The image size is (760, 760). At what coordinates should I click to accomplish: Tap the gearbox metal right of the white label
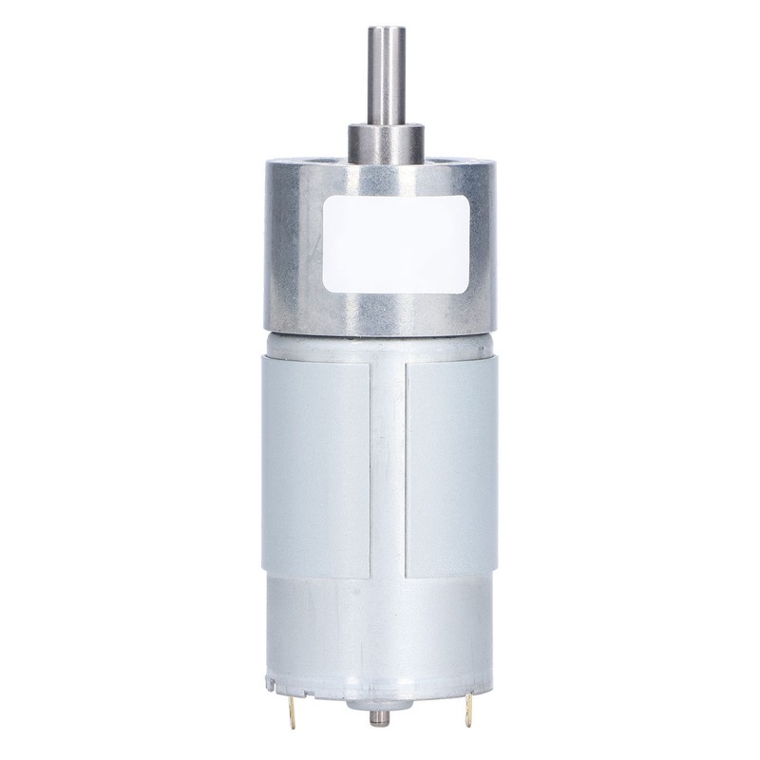click(x=484, y=247)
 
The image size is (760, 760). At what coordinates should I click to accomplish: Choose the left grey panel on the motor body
click(x=315, y=465)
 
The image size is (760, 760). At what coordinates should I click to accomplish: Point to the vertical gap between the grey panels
click(x=388, y=465)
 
